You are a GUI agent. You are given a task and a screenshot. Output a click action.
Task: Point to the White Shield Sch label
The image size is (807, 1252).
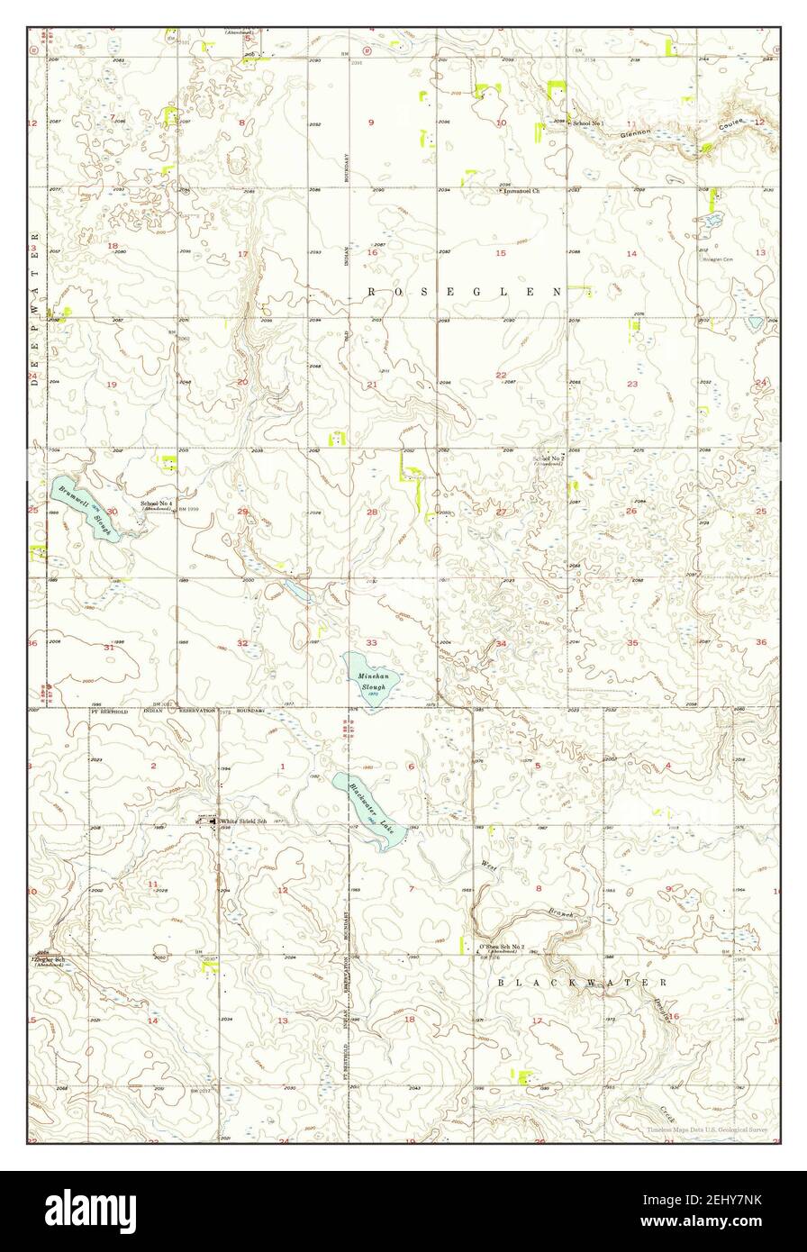(244, 821)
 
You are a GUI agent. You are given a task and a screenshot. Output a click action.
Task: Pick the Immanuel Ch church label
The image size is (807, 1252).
(521, 191)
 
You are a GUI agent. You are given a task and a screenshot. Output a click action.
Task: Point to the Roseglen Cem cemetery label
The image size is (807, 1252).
(719, 259)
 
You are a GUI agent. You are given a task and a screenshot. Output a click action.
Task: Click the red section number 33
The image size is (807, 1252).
(371, 642)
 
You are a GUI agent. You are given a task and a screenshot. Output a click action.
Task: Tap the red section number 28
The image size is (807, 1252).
(372, 512)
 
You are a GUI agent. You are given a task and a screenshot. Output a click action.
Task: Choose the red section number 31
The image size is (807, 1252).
(110, 648)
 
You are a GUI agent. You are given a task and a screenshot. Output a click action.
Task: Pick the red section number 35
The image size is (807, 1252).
(632, 642)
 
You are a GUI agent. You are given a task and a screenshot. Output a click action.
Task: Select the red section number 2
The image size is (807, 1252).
(153, 766)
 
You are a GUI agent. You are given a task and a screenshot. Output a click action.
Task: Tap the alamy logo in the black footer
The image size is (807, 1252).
(90, 1211)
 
